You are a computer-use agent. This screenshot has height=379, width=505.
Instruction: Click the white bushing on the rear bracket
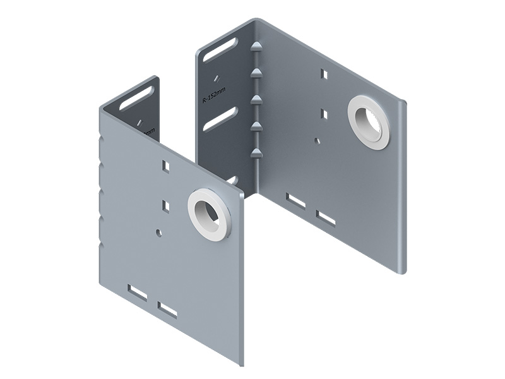(x=371, y=123)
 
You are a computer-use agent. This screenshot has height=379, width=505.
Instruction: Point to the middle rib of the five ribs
(x=256, y=99)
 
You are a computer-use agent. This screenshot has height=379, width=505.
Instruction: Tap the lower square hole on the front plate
(x=166, y=205)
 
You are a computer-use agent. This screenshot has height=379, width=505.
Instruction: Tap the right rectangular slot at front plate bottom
(x=169, y=310)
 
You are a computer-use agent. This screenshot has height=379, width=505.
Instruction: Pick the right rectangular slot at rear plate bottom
(x=326, y=218)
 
